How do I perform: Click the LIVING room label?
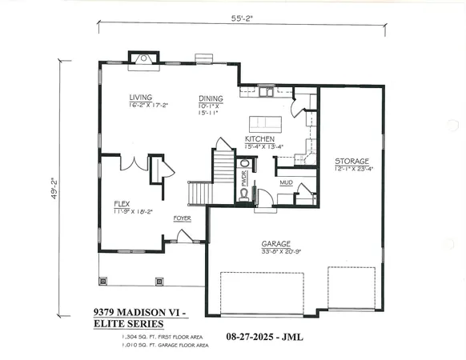click(141, 98)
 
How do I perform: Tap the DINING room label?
click(211, 98)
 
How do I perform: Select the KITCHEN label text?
click(260, 139)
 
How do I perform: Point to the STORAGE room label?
click(352, 162)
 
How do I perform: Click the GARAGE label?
click(275, 243)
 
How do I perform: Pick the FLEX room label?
click(123, 203)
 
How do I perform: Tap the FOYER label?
click(183, 218)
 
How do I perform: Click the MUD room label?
click(286, 183)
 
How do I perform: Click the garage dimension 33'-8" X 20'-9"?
click(275, 251)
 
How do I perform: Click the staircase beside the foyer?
click(200, 193)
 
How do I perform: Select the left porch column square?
click(102, 281)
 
